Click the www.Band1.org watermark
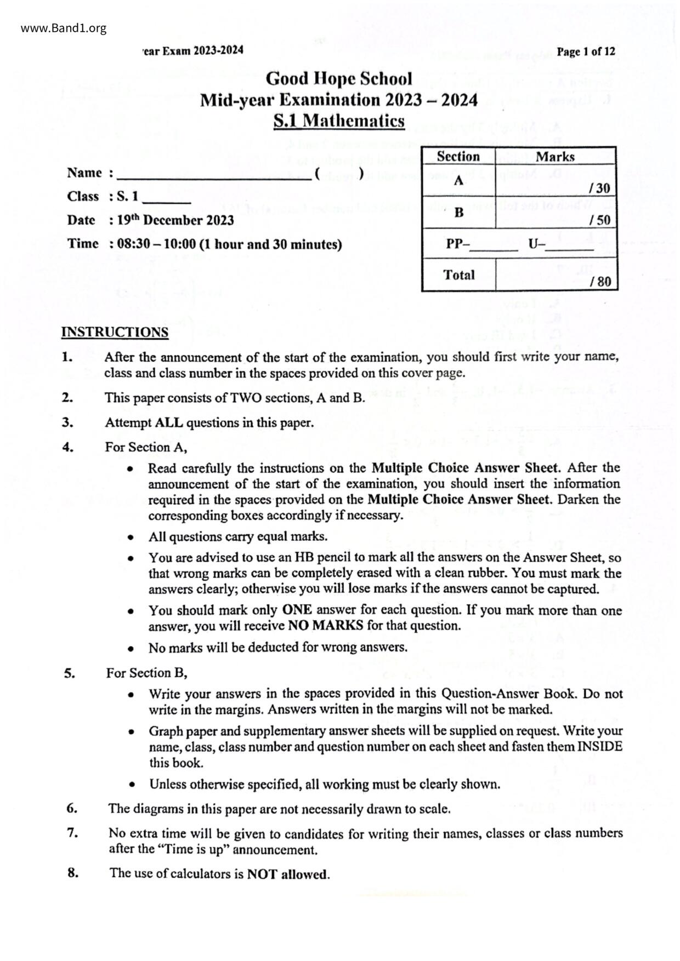pos(64,28)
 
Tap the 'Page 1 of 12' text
pos(586,52)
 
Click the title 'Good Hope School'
pos(339,79)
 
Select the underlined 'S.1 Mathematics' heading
pos(339,121)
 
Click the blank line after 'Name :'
pos(214,174)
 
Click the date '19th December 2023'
pos(175,220)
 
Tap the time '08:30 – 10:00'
pos(156,244)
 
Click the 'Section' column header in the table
pos(458,157)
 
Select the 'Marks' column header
pos(555,157)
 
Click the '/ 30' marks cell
pos(599,188)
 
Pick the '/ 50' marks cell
pos(599,220)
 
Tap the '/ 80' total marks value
pos(600,282)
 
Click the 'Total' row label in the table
pos(458,275)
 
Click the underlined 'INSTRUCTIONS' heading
pos(115,333)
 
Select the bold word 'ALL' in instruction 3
pos(170,423)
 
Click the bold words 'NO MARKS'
pos(325,626)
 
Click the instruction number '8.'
pos(73,873)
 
